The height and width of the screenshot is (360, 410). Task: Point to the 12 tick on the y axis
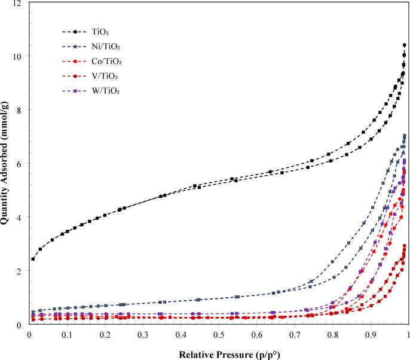(19, 4)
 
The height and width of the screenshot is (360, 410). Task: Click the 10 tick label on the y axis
(19, 57)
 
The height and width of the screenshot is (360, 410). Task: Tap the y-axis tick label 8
(22, 110)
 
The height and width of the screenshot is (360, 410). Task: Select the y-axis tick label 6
(22, 164)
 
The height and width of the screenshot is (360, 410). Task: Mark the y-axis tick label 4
(22, 218)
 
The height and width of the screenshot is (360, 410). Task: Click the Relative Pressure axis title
(219, 353)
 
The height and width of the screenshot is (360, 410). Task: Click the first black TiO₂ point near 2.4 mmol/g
(33, 259)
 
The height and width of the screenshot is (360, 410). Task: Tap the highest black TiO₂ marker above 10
(405, 45)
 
